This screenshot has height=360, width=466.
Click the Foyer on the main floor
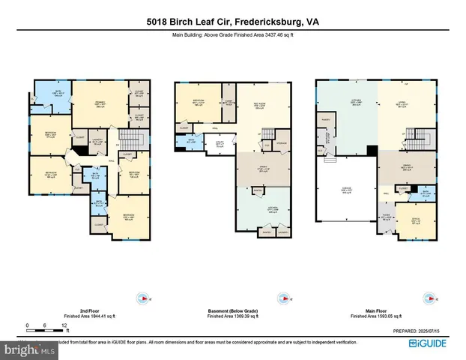387,218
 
